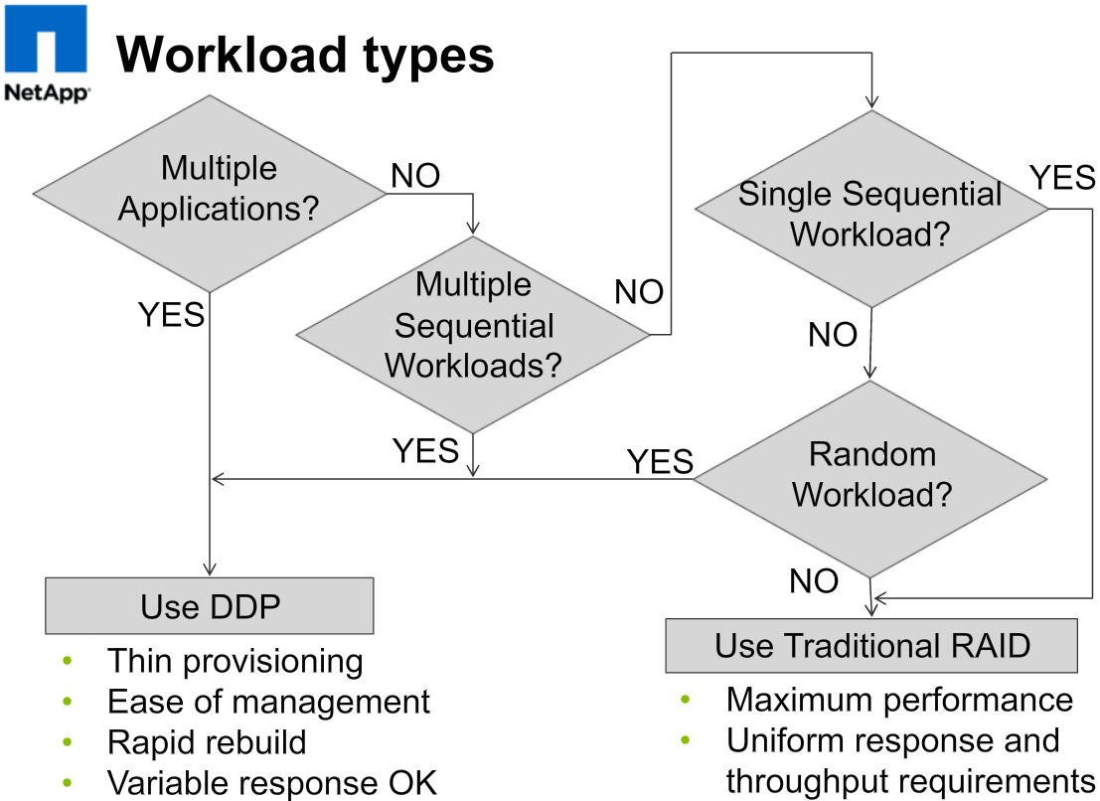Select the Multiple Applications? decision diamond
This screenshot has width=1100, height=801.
[210, 189]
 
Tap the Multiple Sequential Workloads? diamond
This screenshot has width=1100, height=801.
[473, 326]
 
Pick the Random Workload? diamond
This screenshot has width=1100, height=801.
[871, 474]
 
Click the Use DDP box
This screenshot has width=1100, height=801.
[209, 605]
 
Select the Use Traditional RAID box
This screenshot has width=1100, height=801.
[871, 645]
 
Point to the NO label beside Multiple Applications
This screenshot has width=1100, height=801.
[415, 176]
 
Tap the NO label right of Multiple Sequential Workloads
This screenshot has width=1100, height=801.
[639, 292]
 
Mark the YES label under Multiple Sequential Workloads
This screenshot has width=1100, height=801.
[425, 450]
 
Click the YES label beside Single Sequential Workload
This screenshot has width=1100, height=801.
[1062, 178]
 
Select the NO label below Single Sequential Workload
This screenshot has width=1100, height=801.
[832, 335]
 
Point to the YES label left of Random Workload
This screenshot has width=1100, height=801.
[660, 461]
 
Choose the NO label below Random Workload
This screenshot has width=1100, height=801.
[814, 581]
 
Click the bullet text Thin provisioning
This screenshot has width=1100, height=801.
[235, 661]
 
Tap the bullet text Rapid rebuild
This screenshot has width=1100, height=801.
[207, 742]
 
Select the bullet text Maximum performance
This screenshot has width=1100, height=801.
[899, 700]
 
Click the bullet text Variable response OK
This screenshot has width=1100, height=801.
[271, 782]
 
